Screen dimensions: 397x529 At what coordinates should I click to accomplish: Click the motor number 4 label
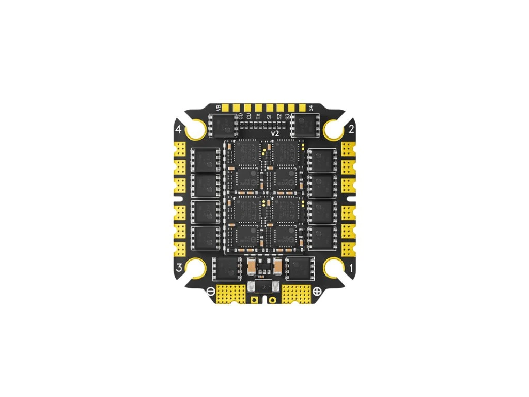(x=179, y=130)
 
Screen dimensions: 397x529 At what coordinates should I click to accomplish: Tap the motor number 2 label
(x=351, y=130)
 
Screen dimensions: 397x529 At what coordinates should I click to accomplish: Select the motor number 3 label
(x=179, y=268)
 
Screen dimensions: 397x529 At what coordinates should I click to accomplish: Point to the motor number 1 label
(x=351, y=268)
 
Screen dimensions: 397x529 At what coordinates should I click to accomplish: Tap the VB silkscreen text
(x=219, y=108)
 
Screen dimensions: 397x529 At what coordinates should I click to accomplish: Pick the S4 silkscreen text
(x=311, y=108)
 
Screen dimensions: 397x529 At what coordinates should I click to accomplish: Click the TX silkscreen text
(x=258, y=117)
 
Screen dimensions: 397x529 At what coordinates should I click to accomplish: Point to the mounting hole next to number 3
(x=196, y=267)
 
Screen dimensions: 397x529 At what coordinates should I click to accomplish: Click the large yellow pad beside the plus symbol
(x=295, y=294)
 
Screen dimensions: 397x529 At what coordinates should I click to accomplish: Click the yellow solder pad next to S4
(x=302, y=108)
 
